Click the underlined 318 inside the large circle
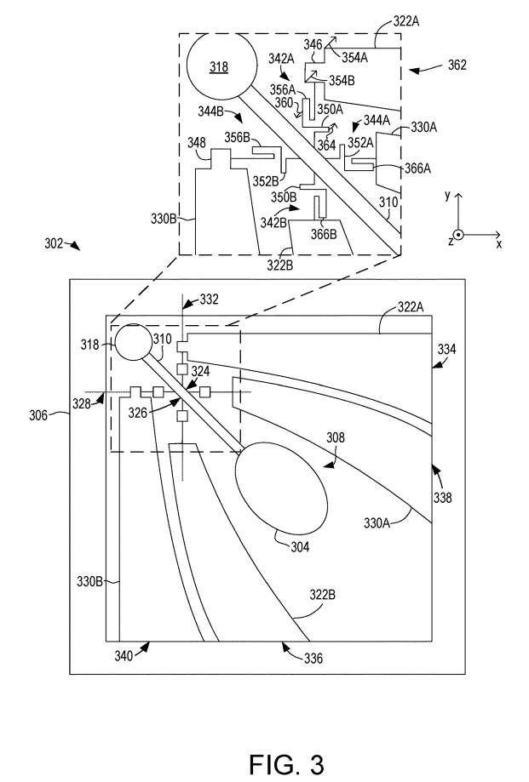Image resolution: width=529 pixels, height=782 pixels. (x=219, y=66)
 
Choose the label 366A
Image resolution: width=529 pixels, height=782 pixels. (x=417, y=168)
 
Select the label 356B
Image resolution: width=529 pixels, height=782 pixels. (x=237, y=137)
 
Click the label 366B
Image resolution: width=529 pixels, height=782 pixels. (x=325, y=234)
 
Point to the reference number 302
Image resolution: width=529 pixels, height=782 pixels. (x=54, y=243)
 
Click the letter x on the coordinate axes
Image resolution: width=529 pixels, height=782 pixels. (x=498, y=243)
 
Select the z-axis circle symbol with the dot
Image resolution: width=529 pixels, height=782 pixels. (x=458, y=234)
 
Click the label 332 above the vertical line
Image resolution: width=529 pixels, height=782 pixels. (x=209, y=300)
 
